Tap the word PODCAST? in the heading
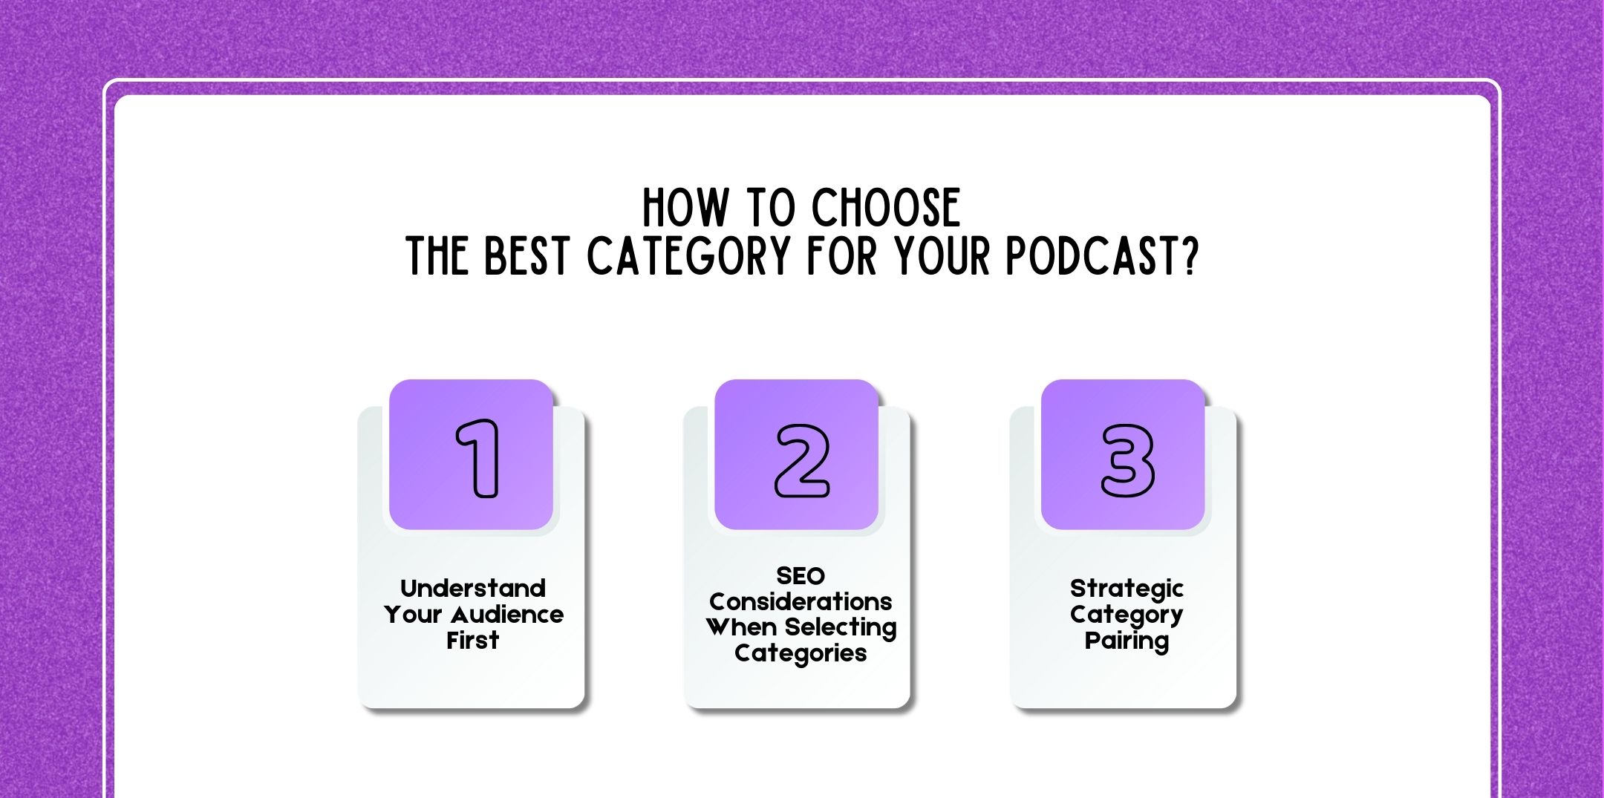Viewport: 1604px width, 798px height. point(1103,257)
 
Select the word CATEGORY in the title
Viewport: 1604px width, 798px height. point(689,257)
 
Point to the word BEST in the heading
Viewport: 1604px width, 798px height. point(527,257)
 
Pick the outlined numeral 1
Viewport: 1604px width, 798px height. point(477,458)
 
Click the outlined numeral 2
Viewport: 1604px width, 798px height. point(801,460)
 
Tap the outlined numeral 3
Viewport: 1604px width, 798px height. point(1127,460)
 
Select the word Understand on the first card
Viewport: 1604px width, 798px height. point(473,589)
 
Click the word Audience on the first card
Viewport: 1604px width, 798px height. point(507,615)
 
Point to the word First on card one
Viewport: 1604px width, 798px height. point(473,640)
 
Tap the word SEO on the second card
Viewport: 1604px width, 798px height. point(801,576)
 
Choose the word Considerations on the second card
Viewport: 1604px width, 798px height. point(801,601)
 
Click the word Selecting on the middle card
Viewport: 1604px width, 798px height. point(841,628)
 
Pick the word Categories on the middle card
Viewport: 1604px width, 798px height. point(801,653)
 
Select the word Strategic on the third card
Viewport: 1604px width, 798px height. point(1127,589)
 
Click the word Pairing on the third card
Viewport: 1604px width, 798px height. point(1127,641)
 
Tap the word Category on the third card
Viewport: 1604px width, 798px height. point(1127,615)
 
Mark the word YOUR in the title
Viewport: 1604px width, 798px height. point(942,257)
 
